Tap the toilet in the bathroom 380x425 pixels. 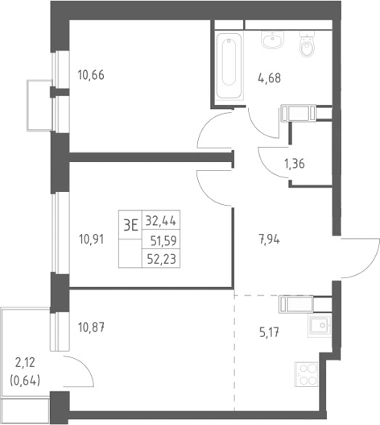[x=307, y=44]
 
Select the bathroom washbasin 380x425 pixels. [x=273, y=40]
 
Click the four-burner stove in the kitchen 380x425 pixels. [x=306, y=374]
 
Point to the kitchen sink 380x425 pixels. [x=320, y=326]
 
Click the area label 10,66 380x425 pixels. [x=91, y=75]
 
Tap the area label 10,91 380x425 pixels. [x=91, y=240]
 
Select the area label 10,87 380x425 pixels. [x=91, y=327]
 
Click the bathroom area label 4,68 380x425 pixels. [x=270, y=78]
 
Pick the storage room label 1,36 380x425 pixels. [x=294, y=164]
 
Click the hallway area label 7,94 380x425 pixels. [x=270, y=240]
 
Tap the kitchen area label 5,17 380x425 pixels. [x=270, y=332]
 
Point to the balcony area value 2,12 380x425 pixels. [x=25, y=363]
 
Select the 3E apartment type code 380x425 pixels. [x=130, y=225]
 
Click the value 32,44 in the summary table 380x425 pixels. [x=161, y=221]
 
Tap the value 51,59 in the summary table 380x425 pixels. [x=163, y=240]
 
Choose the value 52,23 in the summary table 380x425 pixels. [x=162, y=259]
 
